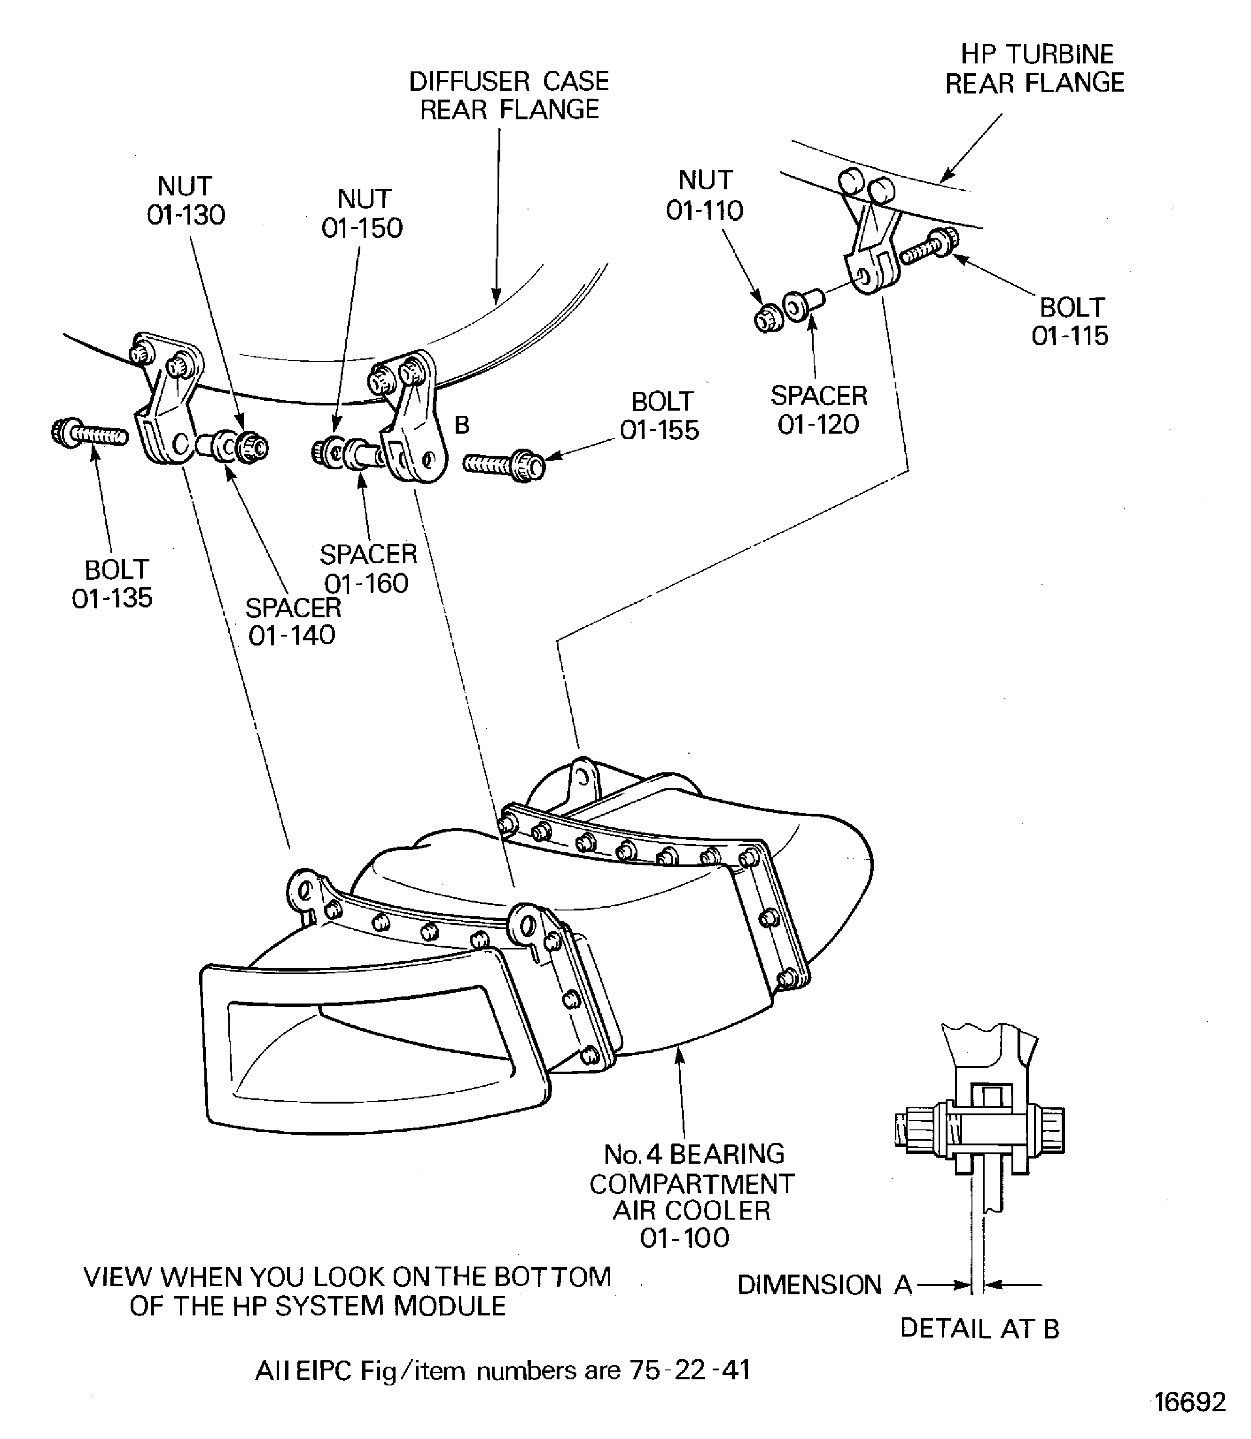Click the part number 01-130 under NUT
coord(186,216)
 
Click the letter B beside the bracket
coord(461,425)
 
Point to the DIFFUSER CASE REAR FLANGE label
coord(509,96)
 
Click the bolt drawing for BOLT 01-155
coord(504,464)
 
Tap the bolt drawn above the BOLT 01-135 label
coord(89,434)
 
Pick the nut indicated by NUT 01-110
coord(769,318)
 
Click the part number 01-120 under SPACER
coord(818,425)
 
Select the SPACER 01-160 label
coord(368,568)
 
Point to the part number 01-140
coord(292,635)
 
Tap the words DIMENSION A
coord(824,1285)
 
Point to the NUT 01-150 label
coord(362,214)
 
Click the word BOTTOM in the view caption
coord(552,1277)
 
